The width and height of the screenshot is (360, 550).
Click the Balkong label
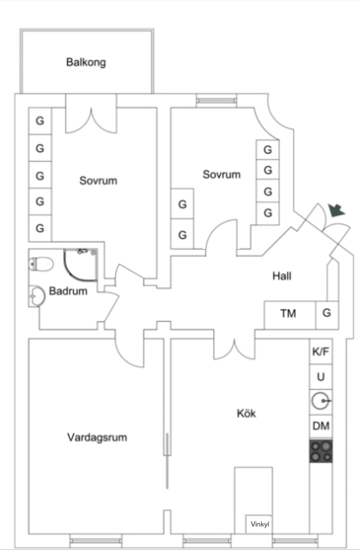point(86,63)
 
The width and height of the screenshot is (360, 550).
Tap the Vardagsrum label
point(97,438)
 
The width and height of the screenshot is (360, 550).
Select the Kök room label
point(246,413)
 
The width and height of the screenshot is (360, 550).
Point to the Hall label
point(282,276)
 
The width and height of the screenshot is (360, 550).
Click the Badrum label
point(68,291)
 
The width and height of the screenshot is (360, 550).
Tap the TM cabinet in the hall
point(290,315)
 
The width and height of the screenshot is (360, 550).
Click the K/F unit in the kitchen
point(321,352)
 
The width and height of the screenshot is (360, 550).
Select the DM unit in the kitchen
point(321,426)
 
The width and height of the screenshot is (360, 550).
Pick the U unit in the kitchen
point(321,377)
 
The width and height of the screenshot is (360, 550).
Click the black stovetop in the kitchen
point(321,451)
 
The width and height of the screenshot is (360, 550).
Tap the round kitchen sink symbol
point(321,401)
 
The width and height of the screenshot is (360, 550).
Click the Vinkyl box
point(259,525)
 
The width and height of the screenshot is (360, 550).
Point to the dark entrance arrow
point(337,211)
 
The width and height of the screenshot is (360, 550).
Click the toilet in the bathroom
point(41,265)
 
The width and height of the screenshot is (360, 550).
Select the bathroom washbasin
point(37,297)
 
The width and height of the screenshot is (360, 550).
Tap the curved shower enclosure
point(81,265)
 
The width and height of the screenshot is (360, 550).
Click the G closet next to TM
point(327,315)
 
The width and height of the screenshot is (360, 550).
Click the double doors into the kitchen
point(235,349)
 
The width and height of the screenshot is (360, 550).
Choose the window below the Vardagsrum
point(96,541)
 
